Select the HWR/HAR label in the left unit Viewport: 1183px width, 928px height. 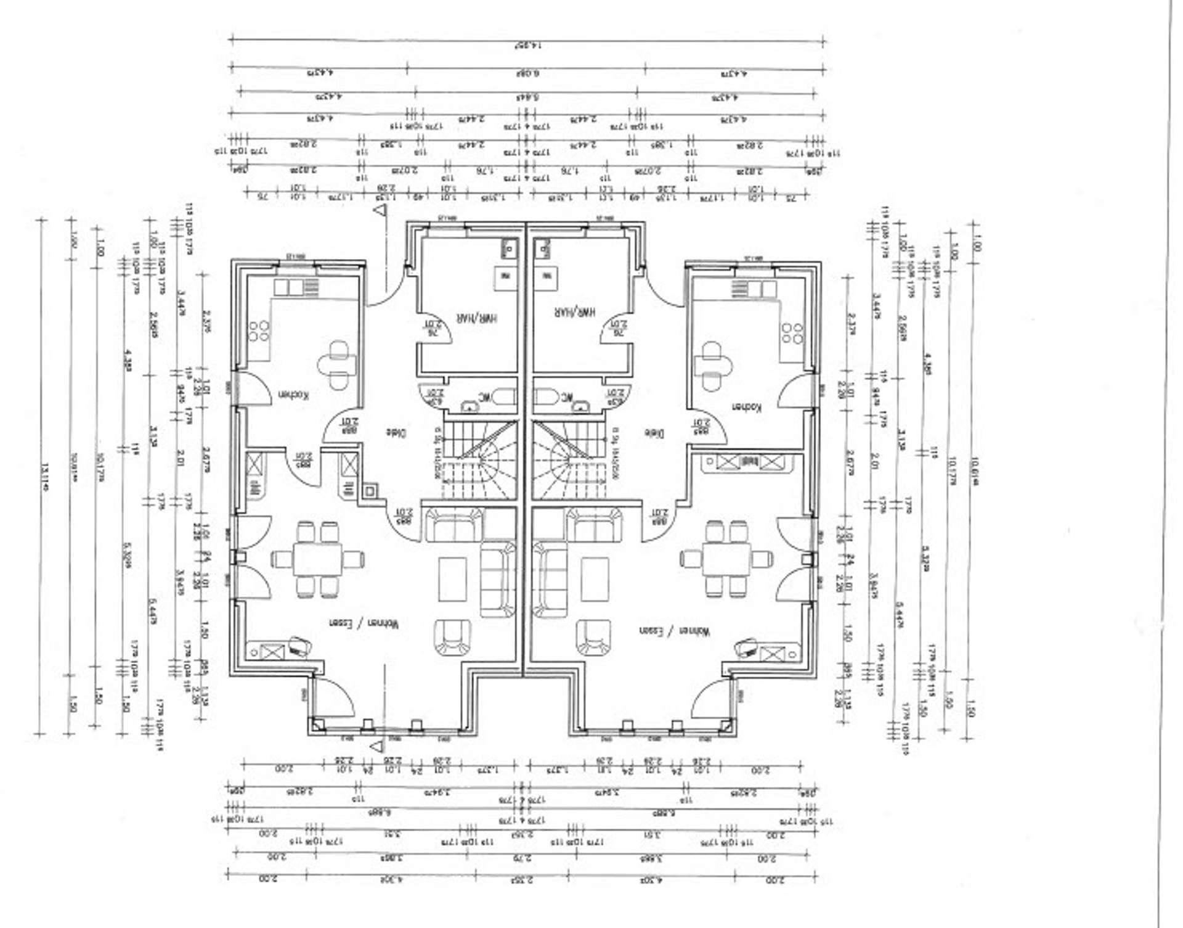[x=476, y=318]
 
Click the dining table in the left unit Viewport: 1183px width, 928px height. [x=317, y=559]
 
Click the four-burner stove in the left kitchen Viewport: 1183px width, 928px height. [x=259, y=331]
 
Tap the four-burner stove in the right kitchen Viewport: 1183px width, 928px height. [x=792, y=333]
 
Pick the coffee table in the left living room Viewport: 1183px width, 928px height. [x=452, y=578]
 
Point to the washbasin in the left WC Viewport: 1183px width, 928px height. [x=470, y=404]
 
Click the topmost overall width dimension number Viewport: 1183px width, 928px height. [x=528, y=45]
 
